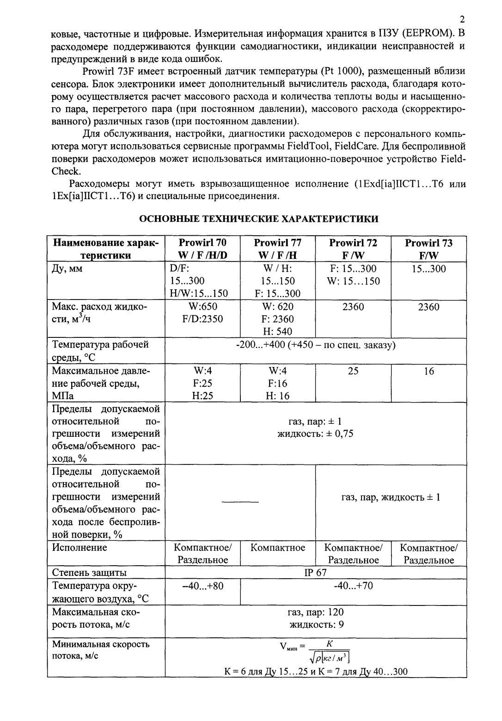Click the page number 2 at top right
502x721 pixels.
point(462,20)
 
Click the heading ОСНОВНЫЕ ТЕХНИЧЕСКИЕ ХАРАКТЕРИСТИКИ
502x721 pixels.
point(259,219)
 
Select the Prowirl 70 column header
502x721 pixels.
point(202,249)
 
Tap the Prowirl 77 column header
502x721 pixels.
point(277,249)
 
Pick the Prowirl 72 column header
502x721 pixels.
point(353,249)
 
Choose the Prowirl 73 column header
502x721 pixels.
point(429,249)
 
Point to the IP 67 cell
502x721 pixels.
point(315,573)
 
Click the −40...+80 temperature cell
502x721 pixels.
point(202,586)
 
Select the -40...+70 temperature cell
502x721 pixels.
point(353,586)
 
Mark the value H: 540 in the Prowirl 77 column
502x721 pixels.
point(277,331)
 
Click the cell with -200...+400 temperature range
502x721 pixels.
point(315,345)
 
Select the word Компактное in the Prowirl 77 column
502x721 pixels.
point(277,548)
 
